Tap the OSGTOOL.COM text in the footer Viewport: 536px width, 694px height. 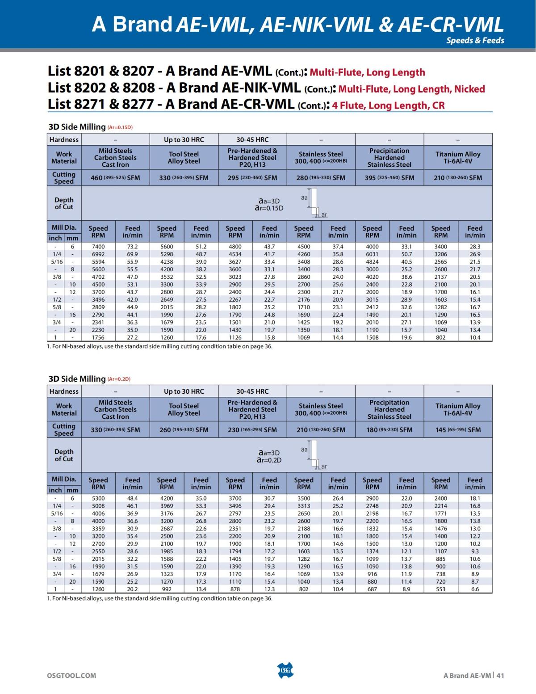71,675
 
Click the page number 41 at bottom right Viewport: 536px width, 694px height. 500,675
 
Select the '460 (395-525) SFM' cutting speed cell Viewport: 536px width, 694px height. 115,178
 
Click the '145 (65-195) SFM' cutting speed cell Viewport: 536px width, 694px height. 458,430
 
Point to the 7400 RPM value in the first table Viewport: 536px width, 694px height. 98,247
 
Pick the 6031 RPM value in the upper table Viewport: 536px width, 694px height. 372,254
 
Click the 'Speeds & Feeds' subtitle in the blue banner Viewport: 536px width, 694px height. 475,40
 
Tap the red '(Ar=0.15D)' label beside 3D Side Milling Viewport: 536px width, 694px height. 120,127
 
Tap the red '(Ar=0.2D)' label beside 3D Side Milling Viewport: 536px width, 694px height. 118,379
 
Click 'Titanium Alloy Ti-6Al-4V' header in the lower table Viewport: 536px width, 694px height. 458,409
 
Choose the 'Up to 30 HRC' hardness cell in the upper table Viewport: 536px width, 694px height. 184,139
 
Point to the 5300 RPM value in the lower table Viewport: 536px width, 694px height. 98,498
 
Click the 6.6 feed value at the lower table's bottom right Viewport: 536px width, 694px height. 475,589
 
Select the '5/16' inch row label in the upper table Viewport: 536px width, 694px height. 56,262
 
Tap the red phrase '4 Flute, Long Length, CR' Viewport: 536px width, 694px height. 388,105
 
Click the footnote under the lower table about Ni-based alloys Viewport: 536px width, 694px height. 159,598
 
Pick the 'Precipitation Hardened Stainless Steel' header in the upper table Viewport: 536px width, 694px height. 389,158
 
